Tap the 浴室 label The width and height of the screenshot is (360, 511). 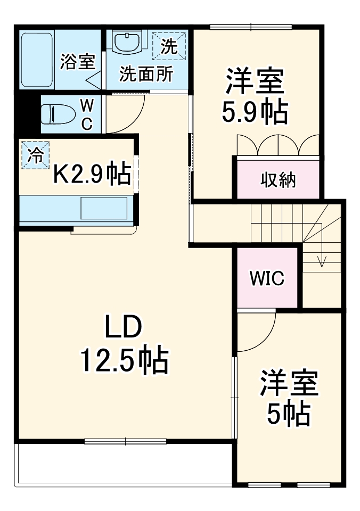pos(77,62)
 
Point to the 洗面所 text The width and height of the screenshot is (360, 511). pos(145,74)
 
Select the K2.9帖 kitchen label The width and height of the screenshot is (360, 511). pos(92,174)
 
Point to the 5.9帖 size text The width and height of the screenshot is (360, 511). pos(255,112)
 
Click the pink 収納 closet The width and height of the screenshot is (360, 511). pos(277,180)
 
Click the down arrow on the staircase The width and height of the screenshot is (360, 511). pos(322,259)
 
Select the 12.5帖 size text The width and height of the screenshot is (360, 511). pos(124,361)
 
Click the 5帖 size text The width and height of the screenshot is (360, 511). pos(289,413)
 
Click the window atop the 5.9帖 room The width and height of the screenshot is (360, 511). pos(251,27)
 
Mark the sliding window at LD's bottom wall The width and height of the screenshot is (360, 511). pos(126,441)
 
